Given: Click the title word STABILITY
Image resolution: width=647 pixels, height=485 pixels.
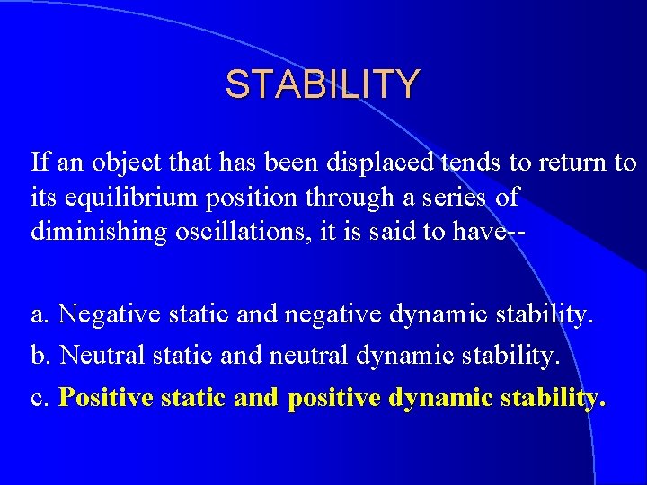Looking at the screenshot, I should pos(322,84).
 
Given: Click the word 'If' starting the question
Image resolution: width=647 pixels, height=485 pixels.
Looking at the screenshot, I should pos(39,163).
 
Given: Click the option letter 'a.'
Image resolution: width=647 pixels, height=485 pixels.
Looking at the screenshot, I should pos(40,315).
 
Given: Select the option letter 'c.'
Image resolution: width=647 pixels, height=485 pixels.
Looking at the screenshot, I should pos(40,398).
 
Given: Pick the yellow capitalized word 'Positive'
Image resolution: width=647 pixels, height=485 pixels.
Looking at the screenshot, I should pos(105,398).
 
